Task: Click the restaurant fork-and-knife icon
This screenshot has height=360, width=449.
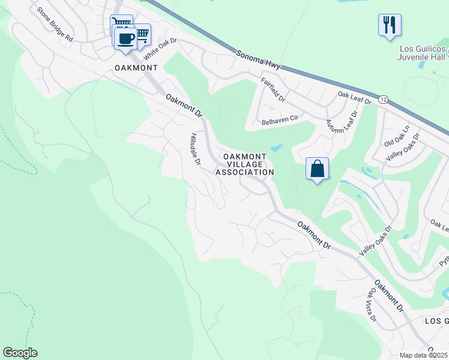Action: tap(390, 25)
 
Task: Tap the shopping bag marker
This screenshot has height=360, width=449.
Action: tap(318, 169)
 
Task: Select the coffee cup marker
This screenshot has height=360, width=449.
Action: tap(125, 39)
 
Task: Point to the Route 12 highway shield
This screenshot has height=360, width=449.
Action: tap(382, 98)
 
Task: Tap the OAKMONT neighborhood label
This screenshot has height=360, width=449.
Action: tap(136, 68)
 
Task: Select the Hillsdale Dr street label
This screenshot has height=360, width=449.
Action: tap(196, 149)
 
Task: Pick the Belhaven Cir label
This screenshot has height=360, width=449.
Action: tap(280, 119)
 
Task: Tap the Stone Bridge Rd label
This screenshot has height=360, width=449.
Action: tap(54, 24)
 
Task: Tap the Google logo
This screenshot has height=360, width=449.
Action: tap(20, 353)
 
